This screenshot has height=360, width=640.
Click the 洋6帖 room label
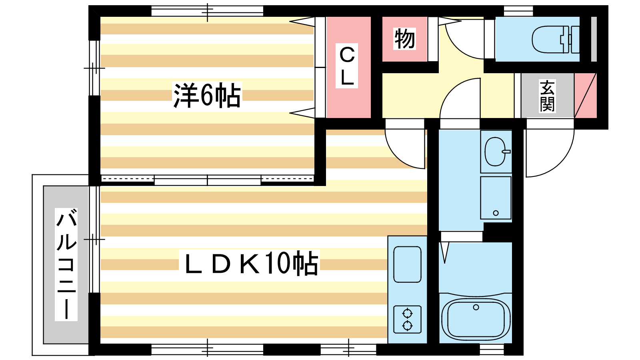point(207,95)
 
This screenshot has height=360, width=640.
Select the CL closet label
point(347,66)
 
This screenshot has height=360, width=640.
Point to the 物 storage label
point(404,39)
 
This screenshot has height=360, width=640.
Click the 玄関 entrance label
point(547,96)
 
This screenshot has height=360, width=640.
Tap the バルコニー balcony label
point(66,264)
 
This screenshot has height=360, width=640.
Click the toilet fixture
point(556,40)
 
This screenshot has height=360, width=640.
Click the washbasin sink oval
point(496,152)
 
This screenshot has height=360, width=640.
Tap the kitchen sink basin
point(407,264)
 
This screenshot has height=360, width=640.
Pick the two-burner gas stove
point(407,320)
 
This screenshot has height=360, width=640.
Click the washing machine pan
point(496,198)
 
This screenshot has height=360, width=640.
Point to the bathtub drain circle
point(476,307)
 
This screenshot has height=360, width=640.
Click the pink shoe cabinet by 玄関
point(586,96)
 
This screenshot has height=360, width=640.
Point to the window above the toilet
point(518,11)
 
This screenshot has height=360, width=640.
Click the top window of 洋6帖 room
point(207,11)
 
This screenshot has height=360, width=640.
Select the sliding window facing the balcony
point(94,240)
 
